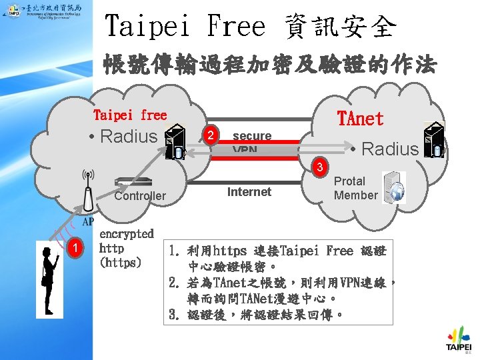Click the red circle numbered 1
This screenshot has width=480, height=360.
coord(77,248)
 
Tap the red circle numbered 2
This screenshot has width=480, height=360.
coord(211,136)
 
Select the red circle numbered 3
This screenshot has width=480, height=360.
coord(321,165)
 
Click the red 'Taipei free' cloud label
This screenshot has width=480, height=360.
coord(130,115)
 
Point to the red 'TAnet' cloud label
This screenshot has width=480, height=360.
coord(361,119)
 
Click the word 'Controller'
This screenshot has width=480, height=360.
coord(140,195)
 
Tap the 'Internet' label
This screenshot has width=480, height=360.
coord(249,192)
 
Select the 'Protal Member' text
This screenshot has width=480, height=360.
coord(355,188)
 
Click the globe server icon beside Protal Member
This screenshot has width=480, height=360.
coord(394,187)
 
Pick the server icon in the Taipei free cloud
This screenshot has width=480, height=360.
coord(175,141)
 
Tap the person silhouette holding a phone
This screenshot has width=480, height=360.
coord(49,273)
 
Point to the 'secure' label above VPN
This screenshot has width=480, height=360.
coord(252,136)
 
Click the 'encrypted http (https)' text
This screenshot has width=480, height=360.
coord(127,248)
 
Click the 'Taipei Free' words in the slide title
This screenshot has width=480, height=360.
coord(185,27)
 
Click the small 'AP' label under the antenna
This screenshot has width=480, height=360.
coord(87,222)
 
